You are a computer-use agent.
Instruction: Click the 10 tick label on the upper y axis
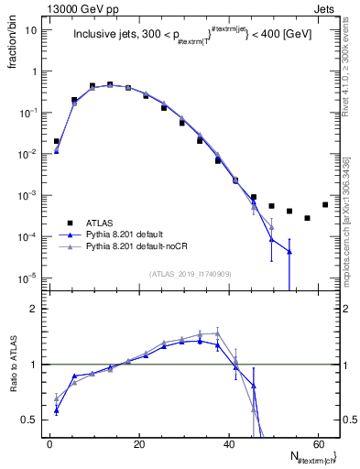[31, 30]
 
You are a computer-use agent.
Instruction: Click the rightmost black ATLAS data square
[325, 204]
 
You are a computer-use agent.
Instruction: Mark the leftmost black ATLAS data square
[56, 142]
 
